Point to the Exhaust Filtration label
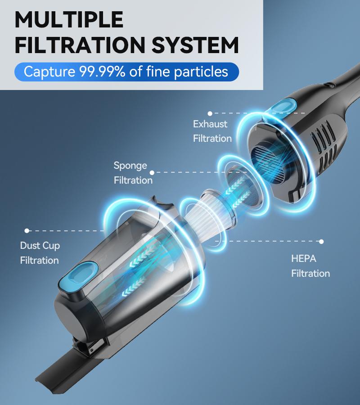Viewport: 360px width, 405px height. [212, 131]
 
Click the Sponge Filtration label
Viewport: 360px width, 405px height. [133, 173]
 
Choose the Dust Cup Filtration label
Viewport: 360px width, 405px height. [40, 253]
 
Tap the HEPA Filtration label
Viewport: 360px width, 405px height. [310, 266]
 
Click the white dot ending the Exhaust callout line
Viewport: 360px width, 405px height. [210, 113]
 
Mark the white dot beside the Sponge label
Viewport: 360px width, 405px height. [152, 172]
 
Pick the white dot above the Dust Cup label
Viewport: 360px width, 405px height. [27, 231]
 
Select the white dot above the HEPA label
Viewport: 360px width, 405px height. [321, 242]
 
